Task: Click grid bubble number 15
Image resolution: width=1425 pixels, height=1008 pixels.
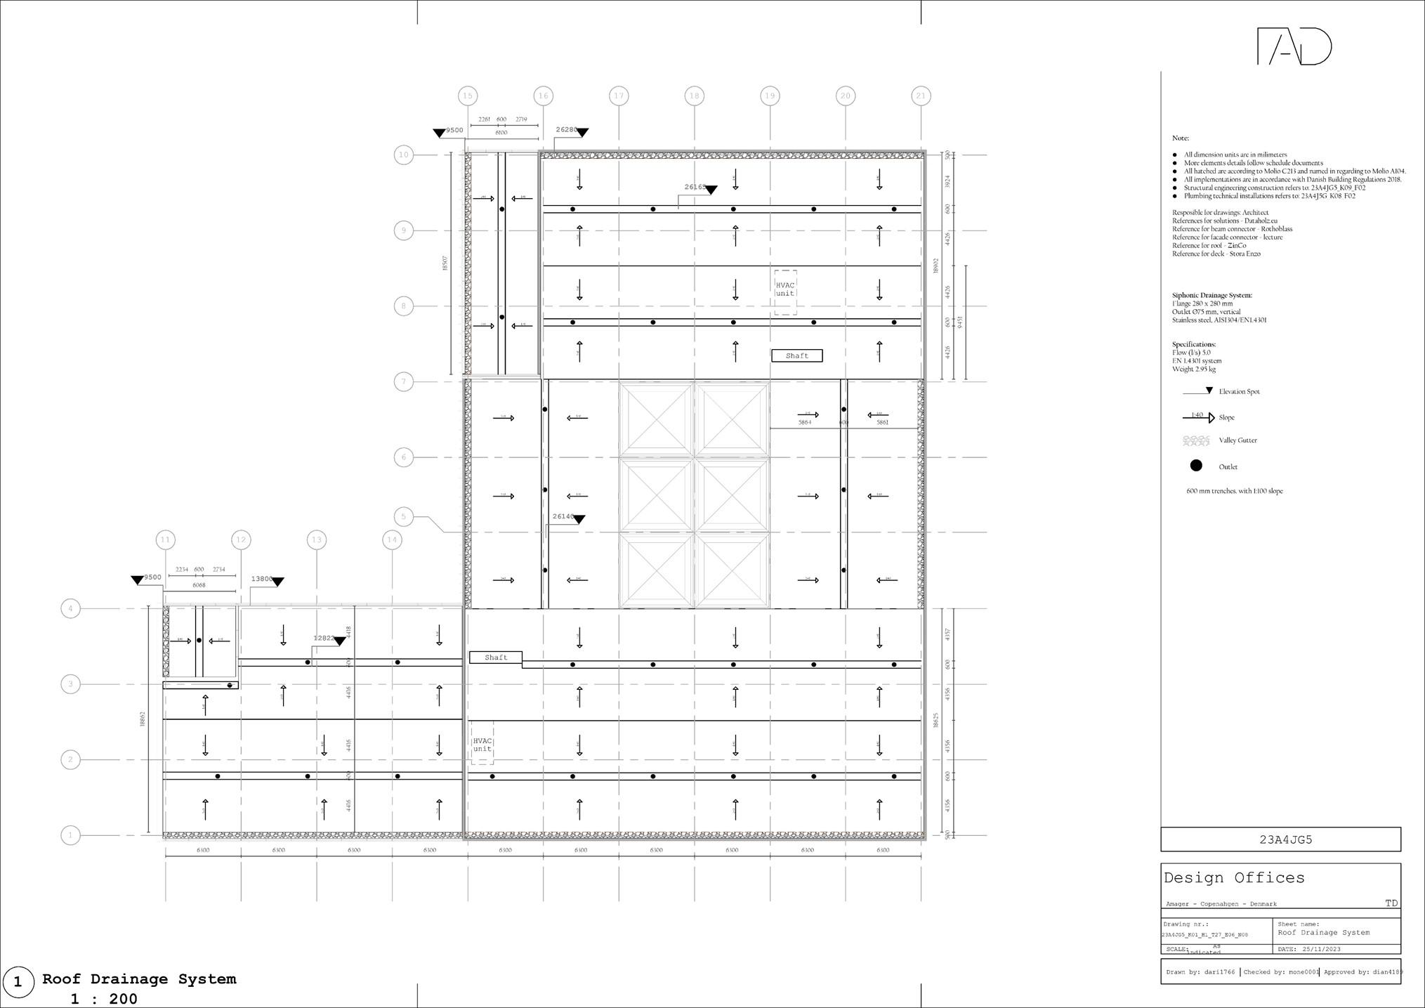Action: (x=467, y=96)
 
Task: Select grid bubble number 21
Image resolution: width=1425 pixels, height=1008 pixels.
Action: (x=921, y=96)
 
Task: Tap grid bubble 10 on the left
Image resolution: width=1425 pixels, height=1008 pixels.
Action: (x=403, y=155)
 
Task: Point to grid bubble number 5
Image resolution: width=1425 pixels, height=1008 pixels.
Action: (x=403, y=517)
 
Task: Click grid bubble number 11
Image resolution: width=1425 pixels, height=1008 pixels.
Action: (x=165, y=539)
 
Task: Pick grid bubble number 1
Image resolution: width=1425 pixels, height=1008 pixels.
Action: (x=70, y=835)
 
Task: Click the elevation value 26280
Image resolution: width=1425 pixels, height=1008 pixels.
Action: (x=566, y=130)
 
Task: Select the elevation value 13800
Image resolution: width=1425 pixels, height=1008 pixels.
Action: (x=261, y=579)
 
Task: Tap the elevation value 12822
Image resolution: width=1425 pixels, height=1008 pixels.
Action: (x=324, y=638)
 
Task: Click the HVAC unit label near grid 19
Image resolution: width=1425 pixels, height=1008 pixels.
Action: (x=785, y=289)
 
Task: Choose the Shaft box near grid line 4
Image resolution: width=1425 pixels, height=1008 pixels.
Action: (x=496, y=657)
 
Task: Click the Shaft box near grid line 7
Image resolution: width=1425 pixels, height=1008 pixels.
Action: (x=796, y=355)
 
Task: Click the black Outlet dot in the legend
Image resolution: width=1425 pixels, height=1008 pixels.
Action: (x=1196, y=466)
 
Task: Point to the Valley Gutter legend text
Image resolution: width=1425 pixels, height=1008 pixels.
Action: (x=1237, y=440)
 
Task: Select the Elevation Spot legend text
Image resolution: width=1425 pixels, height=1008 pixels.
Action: (x=1239, y=392)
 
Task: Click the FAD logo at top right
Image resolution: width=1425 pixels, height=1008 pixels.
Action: (x=1294, y=47)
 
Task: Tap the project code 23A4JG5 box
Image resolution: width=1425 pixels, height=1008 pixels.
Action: (x=1280, y=839)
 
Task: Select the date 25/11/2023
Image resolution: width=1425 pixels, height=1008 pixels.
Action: (x=1321, y=949)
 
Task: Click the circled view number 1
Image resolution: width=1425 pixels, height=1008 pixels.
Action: (x=18, y=982)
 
